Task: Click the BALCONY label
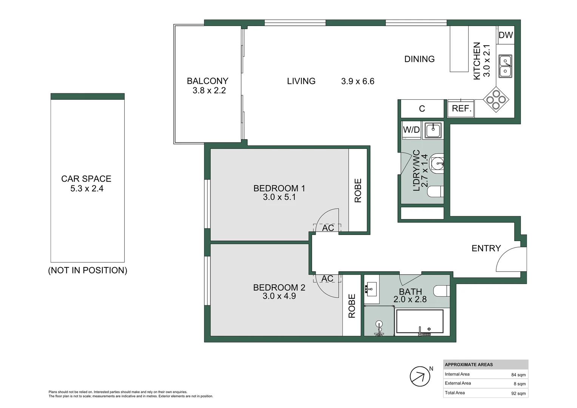tap(207, 81)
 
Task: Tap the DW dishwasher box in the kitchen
tap(505, 35)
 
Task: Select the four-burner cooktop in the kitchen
tap(496, 100)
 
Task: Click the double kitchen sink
tap(505, 66)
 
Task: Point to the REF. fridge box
tap(461, 109)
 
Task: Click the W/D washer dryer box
tap(411, 130)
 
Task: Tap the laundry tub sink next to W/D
tap(433, 130)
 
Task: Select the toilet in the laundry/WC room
tap(435, 192)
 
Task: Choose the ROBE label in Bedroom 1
tap(358, 190)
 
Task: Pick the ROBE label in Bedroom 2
tap(352, 306)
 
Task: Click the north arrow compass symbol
tap(420, 376)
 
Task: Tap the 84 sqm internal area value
tap(518, 375)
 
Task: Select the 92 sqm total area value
tap(518, 393)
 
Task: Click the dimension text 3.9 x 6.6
tap(358, 81)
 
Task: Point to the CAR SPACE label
tap(86, 179)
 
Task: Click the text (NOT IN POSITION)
tap(88, 270)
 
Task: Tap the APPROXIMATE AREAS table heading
tap(469, 365)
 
